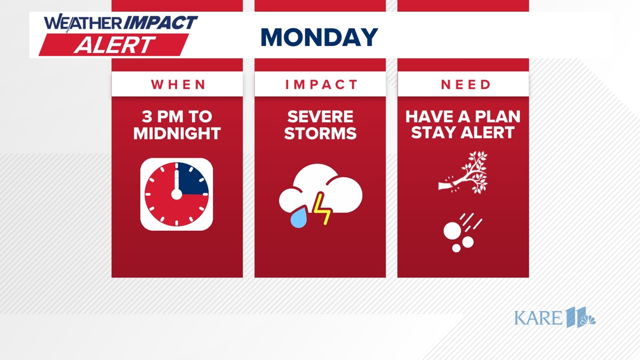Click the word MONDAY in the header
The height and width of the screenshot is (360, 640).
pos(319,38)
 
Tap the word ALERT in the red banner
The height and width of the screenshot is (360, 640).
pos(115,45)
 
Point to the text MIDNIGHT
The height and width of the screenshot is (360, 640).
pos(177,134)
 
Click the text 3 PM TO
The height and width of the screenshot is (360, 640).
pos(177,117)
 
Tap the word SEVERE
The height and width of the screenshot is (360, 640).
pos(320,117)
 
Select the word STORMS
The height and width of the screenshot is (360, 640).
pos(320,134)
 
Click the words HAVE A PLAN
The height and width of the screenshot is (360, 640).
pos(463,117)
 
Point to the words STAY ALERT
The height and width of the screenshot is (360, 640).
pos(463,134)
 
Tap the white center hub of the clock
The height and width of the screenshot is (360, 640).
pos(176,194)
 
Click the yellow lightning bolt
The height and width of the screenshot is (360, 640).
pos(322,208)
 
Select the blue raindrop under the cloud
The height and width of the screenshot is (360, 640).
pos(299,218)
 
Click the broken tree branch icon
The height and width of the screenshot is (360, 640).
pos(464,173)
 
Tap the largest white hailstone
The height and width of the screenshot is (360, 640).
pos(452,230)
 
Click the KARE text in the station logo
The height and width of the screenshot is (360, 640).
pos(538,318)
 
